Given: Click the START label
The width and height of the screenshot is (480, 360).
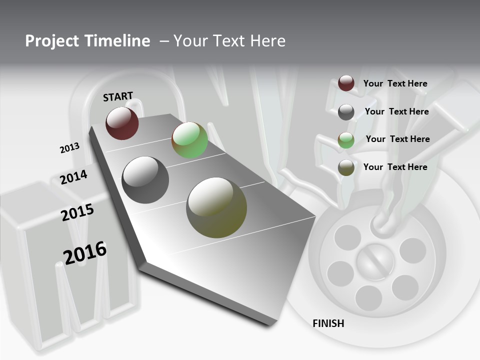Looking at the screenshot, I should pos(118,96).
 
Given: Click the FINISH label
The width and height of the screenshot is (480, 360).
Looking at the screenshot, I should pos(328,323).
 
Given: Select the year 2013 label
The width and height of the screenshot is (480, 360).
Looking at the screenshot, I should pos(69,148).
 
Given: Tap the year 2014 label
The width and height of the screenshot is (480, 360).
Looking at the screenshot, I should pos(74,177).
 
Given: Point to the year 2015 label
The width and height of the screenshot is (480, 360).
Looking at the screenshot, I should pos(77,212).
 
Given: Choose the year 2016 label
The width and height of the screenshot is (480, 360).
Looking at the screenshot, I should pos(85,252).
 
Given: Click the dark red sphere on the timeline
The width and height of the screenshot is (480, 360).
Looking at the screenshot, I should pos(122,123).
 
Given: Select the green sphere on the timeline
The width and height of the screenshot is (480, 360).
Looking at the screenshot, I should pos(189,140).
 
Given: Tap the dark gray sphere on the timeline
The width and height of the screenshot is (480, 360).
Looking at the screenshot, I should pos(145,180).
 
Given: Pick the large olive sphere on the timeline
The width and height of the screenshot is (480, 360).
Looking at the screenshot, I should pos(216,207).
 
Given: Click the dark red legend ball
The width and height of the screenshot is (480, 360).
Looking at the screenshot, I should pos(346,83).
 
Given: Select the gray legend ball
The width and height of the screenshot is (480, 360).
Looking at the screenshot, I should pos(346,112).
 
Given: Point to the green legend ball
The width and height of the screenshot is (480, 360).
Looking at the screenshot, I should pos(346,140).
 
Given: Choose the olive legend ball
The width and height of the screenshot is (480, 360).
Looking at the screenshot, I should pos(346,168).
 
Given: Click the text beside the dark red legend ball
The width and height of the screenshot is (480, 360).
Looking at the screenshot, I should pos(395,83).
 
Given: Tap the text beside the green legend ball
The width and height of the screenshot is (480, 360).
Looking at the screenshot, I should pos(397,139).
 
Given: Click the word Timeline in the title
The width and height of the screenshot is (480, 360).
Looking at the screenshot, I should pos(117,41).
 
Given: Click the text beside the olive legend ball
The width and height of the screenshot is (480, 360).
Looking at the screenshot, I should pos(395,167).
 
